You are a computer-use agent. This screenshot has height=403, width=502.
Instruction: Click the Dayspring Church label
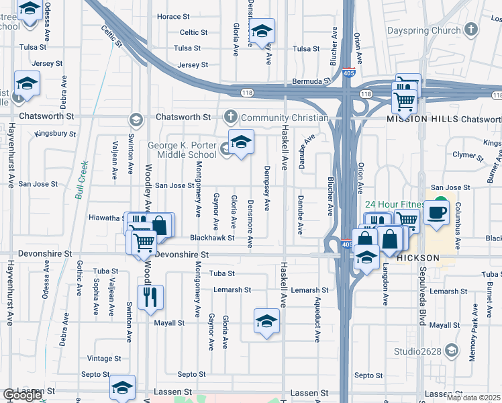(423, 30)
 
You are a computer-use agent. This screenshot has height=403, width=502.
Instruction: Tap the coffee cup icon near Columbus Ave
(436, 212)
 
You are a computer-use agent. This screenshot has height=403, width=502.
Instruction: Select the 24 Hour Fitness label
(395, 204)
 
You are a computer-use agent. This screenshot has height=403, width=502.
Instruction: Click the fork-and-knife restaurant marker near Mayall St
(150, 296)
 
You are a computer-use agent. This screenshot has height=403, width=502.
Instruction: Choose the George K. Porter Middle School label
(172, 150)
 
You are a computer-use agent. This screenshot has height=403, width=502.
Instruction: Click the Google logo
(21, 395)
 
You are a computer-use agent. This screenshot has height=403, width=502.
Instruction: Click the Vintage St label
(104, 359)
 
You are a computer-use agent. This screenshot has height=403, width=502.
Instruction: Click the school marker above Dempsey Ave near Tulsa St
(262, 31)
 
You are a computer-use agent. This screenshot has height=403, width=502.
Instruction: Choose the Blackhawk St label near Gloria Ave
(212, 238)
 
